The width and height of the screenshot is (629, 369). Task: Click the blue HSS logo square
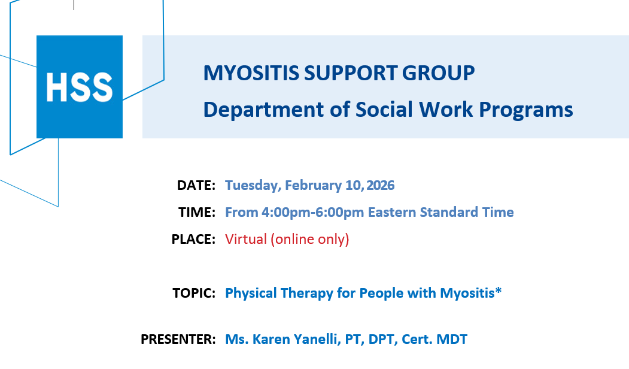pos(80,87)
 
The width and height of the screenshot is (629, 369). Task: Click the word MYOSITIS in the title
pos(251,73)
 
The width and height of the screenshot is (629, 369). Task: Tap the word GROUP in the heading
pos(438,73)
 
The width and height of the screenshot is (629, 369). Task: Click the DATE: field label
pos(196,185)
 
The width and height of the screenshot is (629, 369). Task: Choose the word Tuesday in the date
pos(253,186)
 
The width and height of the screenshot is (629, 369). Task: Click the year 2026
pos(380,185)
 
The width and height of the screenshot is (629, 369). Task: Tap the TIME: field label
pos(197,212)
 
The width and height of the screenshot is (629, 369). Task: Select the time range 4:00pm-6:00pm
pos(313,213)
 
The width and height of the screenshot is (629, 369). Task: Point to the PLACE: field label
pos(193,239)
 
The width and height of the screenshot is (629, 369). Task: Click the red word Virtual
pos(246,239)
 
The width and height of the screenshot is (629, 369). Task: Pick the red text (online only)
pos(310,239)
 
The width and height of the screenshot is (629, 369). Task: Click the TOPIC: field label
pos(194,293)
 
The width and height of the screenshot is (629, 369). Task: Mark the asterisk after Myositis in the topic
pos(498,290)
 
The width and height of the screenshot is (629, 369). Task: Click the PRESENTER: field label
pos(178,339)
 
